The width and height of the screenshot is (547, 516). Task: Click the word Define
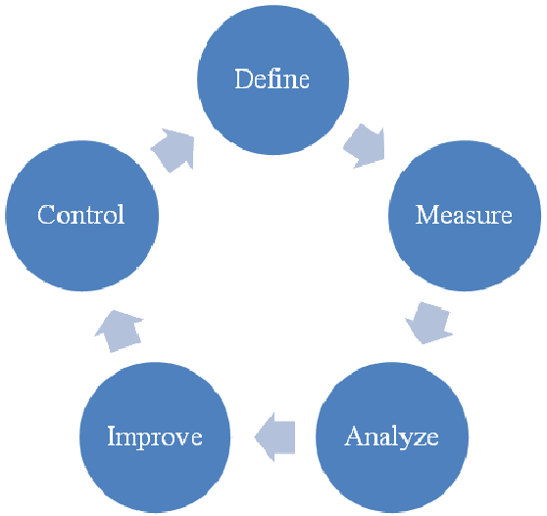[x=272, y=79]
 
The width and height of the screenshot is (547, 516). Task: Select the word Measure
[x=464, y=215]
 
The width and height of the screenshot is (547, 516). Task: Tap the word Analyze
[x=391, y=436]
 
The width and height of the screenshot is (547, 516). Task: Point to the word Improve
[x=154, y=436]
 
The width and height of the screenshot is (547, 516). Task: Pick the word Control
[x=80, y=215]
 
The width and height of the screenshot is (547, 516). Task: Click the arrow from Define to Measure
[x=365, y=145]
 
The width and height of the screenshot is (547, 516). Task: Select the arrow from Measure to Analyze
[x=429, y=320]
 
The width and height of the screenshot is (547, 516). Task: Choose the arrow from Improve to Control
[x=119, y=330]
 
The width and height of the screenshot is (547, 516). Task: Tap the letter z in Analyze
[x=417, y=437]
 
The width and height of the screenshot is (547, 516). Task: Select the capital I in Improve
[x=112, y=436]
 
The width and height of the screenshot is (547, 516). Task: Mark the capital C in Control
[x=45, y=215]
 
